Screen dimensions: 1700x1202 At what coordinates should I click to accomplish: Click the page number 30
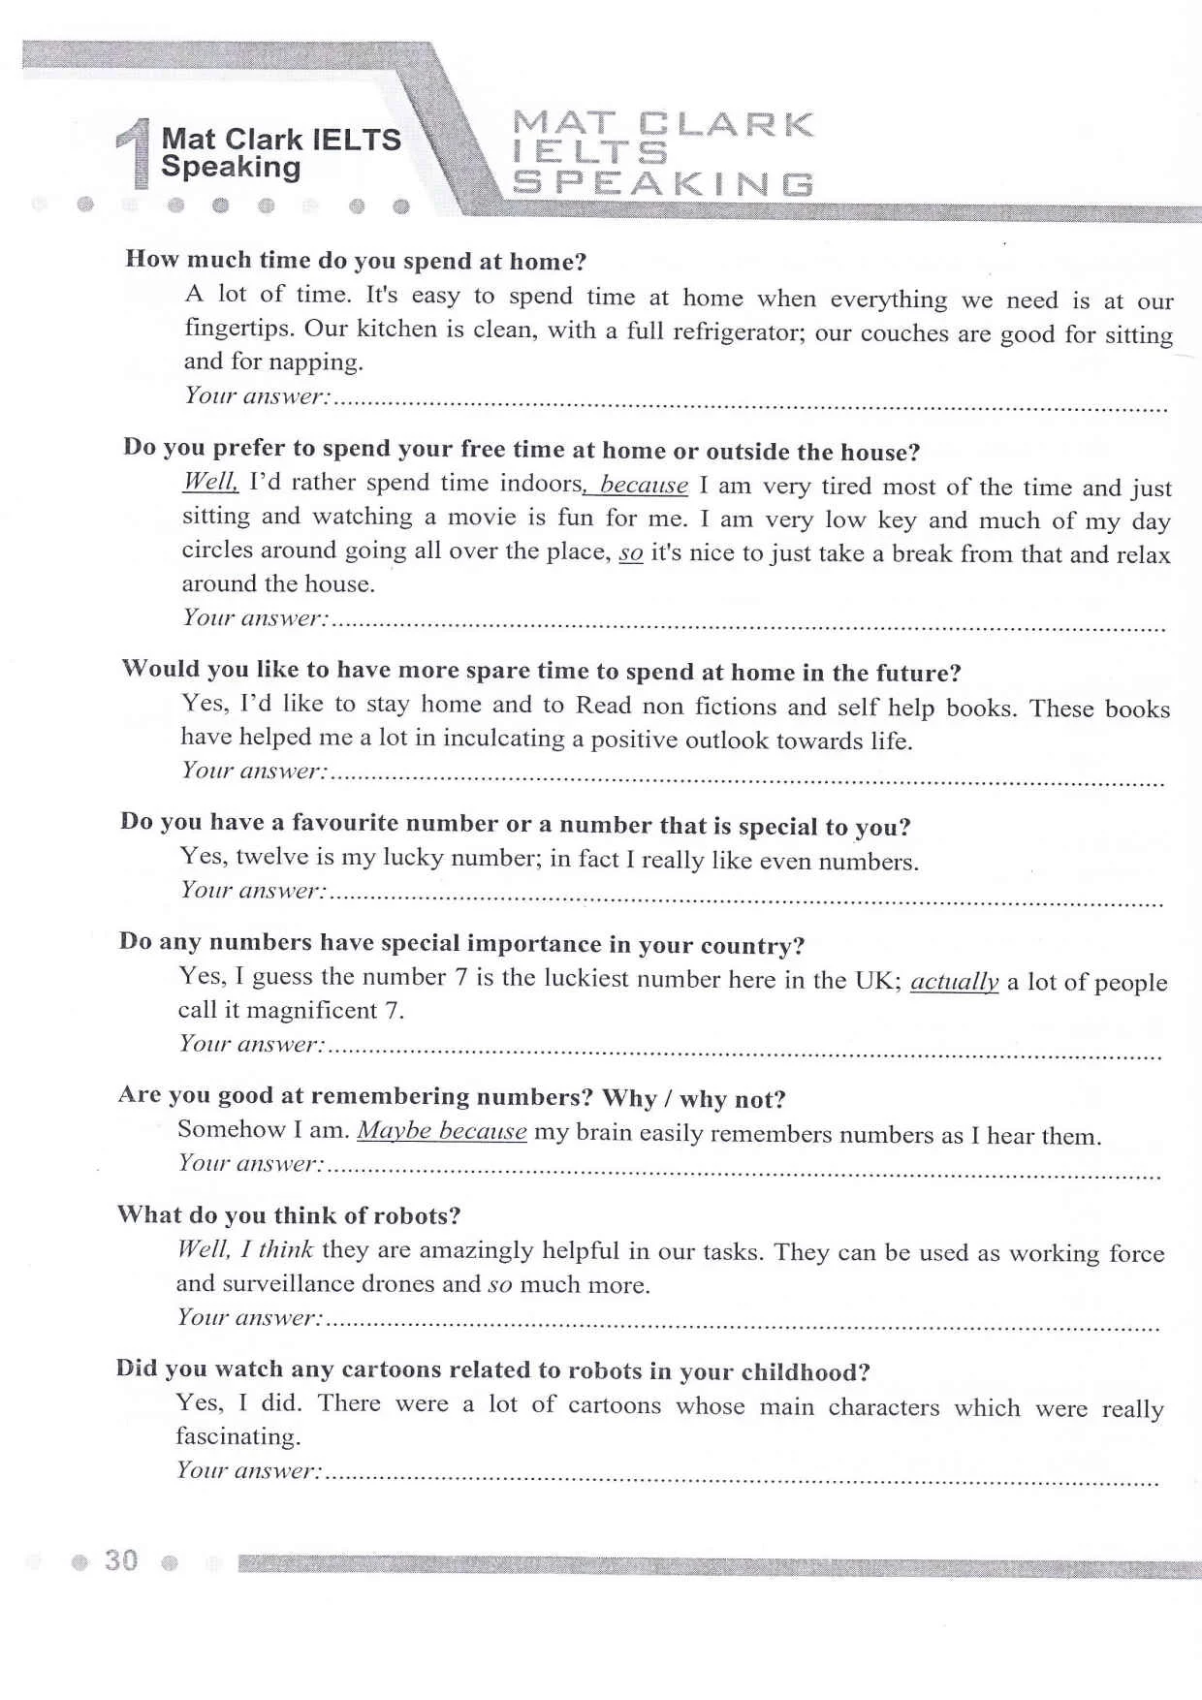tap(121, 1559)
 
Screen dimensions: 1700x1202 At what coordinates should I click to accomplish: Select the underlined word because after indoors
tap(644, 485)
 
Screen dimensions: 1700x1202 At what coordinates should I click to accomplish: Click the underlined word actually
tap(954, 981)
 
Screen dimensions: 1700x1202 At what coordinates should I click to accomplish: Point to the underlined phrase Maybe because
tap(442, 1131)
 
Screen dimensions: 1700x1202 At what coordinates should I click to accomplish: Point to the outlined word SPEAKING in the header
tap(663, 183)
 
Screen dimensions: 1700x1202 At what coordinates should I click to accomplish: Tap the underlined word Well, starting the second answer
tap(209, 482)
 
